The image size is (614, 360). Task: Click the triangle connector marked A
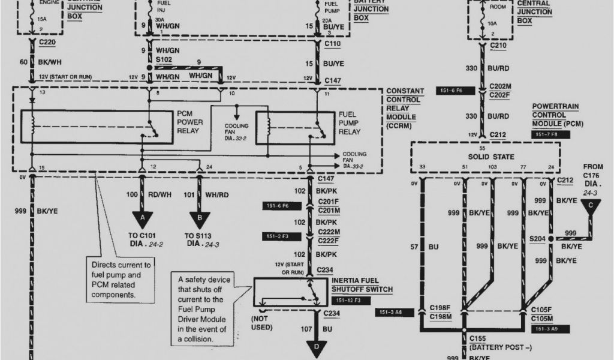coord(142,218)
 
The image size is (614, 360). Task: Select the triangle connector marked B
coord(199,218)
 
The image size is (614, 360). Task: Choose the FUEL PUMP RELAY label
coord(350,122)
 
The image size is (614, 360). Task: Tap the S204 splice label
coord(537,238)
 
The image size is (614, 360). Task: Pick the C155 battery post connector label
coord(480,339)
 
